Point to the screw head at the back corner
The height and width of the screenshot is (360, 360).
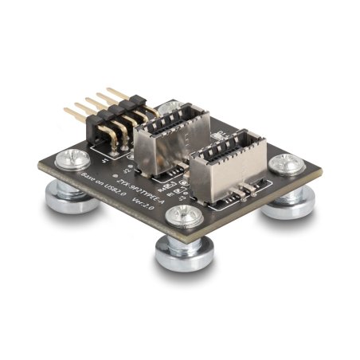click(170, 106)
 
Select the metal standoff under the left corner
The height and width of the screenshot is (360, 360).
click(72, 197)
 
